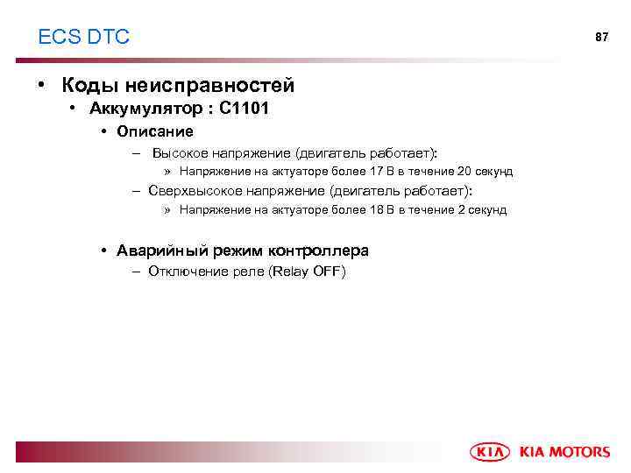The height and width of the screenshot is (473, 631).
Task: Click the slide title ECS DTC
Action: point(83,37)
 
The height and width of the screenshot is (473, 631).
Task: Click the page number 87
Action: point(601,38)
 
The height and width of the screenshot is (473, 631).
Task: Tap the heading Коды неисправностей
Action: point(178,86)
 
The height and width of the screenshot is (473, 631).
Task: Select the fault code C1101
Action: point(245,109)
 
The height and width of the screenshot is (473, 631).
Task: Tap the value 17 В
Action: point(382,172)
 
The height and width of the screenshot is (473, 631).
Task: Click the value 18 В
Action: point(382,210)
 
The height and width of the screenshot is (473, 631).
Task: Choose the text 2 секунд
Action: point(482,210)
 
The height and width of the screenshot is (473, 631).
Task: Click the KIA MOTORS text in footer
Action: point(564,452)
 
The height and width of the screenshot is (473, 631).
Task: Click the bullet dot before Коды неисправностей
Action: point(41,86)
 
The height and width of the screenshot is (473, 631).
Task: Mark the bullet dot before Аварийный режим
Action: point(103,251)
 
